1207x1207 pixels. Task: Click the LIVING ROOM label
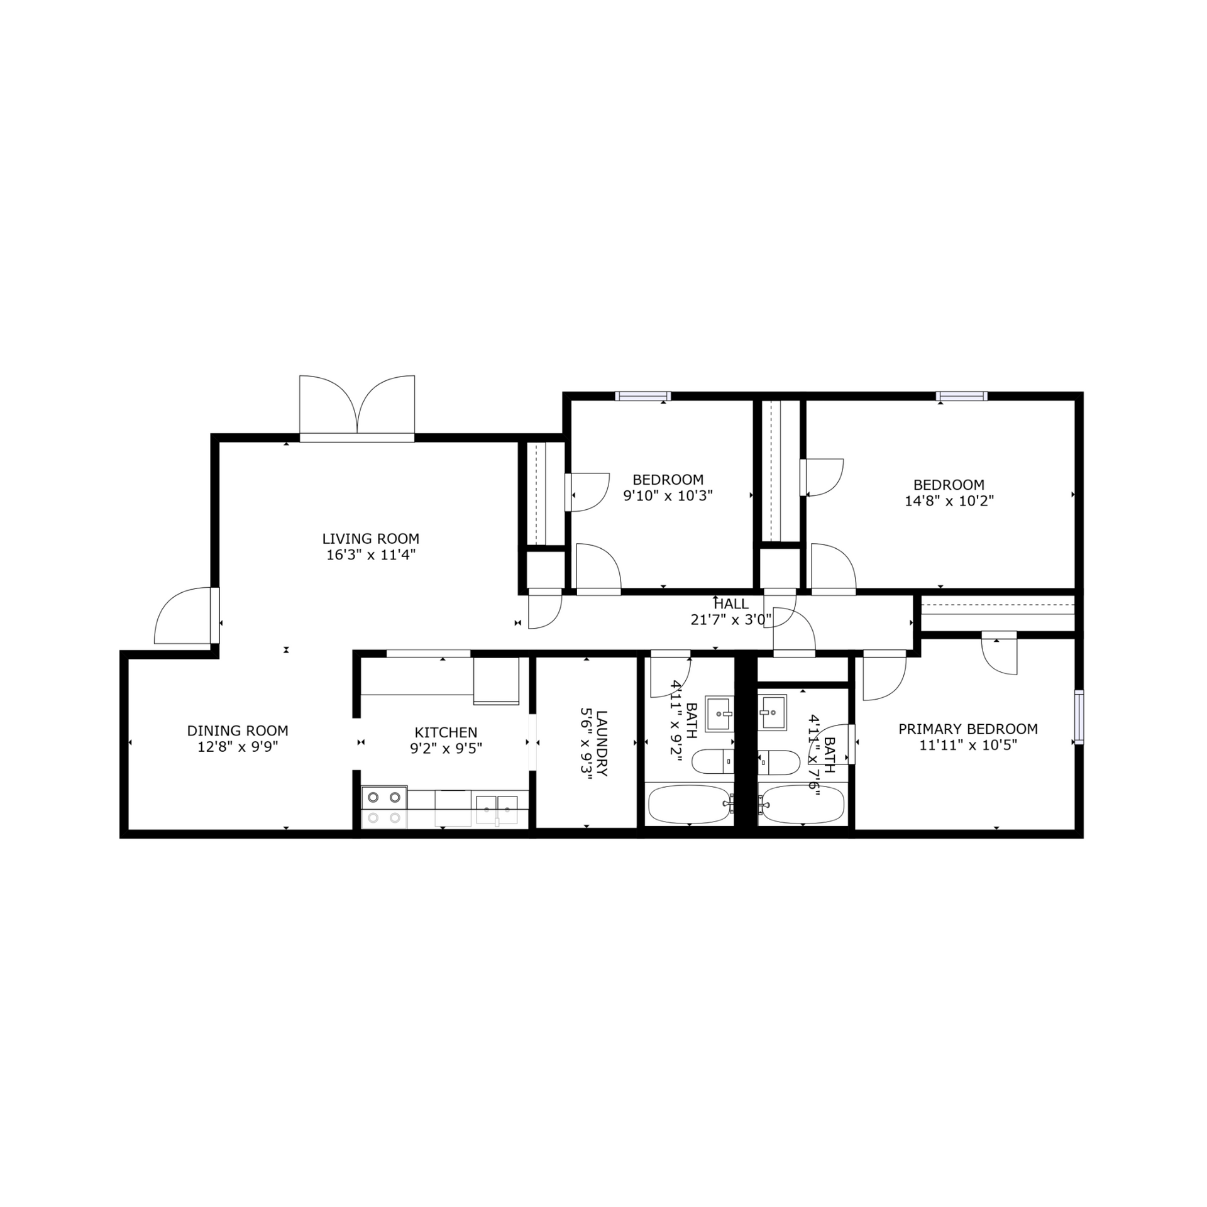(370, 539)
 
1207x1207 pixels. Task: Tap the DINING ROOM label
(238, 730)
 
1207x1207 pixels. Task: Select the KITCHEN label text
(446, 732)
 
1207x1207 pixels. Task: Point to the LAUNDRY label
(601, 743)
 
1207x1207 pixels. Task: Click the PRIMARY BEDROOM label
(967, 729)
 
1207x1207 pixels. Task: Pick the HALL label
(731, 603)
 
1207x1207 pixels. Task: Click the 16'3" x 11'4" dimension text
(371, 555)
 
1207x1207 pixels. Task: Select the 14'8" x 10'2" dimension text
(949, 501)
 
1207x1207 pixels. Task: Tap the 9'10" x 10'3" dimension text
(668, 495)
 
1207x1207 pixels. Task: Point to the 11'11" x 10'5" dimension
(968, 745)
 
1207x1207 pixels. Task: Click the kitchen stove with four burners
(384, 807)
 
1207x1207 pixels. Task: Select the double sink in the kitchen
(497, 809)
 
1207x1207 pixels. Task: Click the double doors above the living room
(357, 407)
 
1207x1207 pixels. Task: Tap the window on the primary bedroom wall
(1079, 717)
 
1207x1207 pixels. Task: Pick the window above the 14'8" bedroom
(961, 396)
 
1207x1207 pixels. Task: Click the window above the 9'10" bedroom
(642, 396)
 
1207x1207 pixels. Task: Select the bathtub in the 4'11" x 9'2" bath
(690, 804)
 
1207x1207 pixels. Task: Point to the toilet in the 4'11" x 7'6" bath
(779, 763)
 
